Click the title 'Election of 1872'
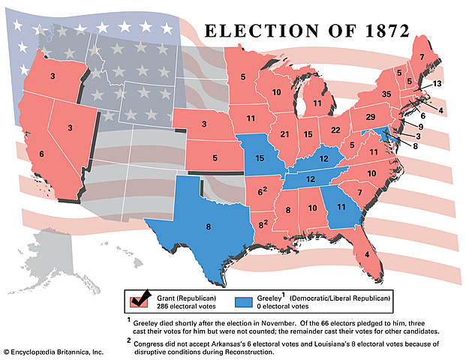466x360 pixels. [307, 31]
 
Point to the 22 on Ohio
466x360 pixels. [335, 130]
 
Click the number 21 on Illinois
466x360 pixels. [284, 134]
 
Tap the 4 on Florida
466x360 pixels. [366, 254]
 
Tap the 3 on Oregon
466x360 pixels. [52, 76]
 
